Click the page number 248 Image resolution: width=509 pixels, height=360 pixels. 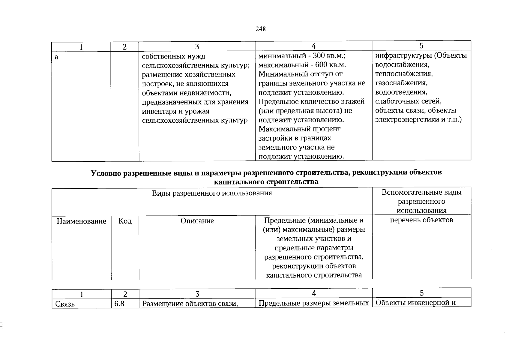[260, 29]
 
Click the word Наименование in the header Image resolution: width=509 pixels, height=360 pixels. [81, 221]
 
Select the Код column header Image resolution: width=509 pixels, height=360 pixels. [125, 221]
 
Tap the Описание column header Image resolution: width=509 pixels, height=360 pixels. [197, 221]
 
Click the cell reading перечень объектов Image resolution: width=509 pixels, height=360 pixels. [421, 220]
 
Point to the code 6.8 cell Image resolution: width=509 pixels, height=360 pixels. [119, 304]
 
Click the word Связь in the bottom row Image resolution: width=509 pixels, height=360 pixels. [65, 304]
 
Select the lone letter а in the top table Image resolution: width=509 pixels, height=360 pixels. [56, 57]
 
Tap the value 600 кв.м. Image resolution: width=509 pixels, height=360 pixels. [331, 65]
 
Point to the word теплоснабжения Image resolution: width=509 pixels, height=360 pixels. [404, 74]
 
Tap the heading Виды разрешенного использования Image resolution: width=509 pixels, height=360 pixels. [212, 193]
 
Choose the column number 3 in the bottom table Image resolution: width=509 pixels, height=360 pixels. [197, 294]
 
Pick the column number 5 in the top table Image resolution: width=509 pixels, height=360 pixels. [421, 46]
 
